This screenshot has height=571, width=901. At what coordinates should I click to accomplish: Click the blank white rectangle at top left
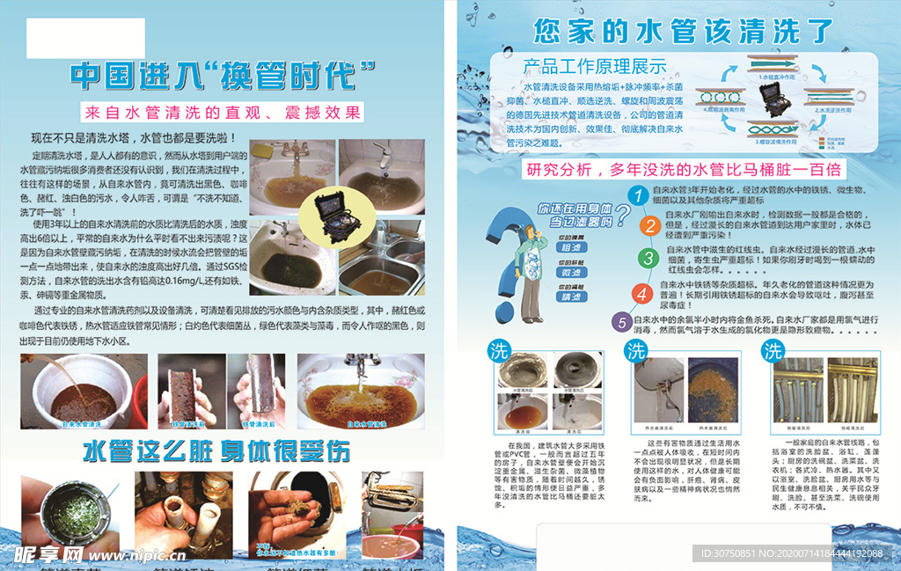85,39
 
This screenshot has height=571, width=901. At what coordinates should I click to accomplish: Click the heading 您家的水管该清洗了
683,31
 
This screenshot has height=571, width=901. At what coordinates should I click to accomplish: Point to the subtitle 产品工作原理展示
595,66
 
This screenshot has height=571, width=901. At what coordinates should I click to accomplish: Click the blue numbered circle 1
640,194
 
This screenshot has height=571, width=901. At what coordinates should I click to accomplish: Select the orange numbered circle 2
648,226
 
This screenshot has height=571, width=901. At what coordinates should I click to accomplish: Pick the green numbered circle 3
648,258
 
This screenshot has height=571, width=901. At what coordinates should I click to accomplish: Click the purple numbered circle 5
622,322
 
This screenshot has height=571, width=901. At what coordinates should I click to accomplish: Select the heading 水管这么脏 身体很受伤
216,450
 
